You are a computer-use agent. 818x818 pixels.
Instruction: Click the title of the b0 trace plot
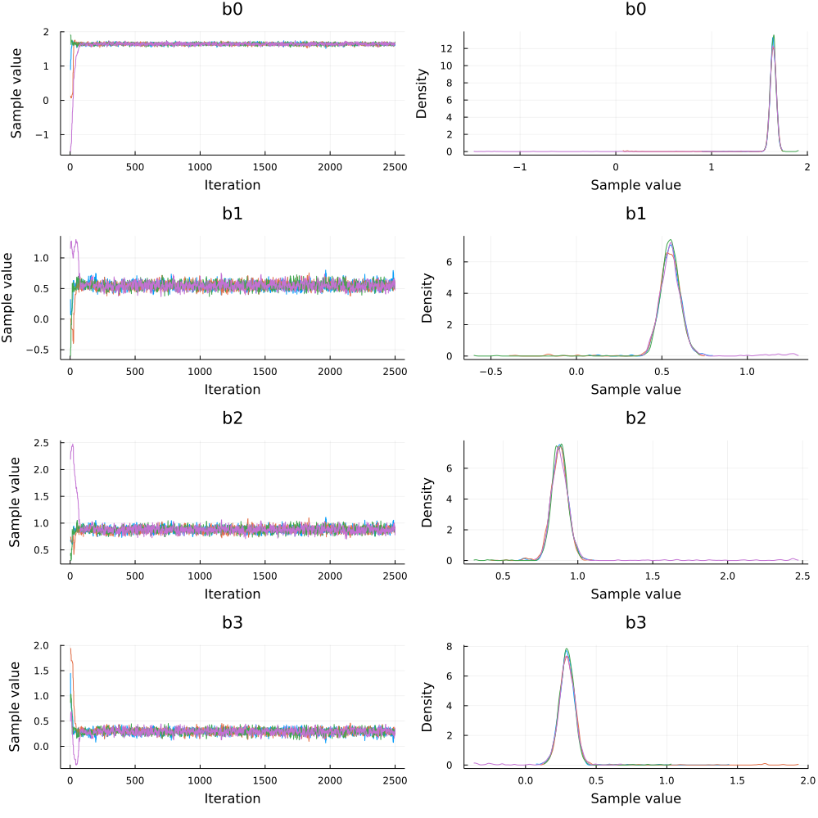coord(232,10)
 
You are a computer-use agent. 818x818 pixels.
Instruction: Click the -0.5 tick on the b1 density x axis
coord(490,372)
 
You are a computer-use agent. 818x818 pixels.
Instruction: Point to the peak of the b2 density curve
coord(559,445)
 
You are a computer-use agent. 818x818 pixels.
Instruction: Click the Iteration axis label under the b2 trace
coord(232,594)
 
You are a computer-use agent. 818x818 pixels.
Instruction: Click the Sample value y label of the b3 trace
coord(15,706)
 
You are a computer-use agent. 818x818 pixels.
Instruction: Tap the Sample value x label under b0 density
coord(635,185)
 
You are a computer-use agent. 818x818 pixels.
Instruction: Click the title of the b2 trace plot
coord(232,419)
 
